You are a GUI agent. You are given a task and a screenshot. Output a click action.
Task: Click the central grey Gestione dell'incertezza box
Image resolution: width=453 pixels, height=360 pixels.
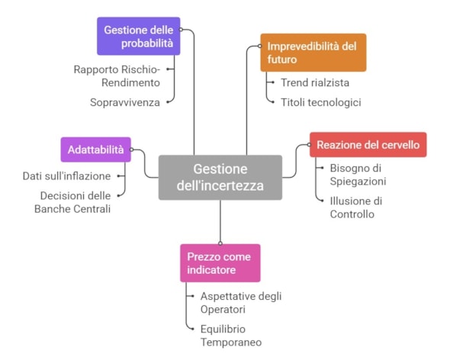(220, 178)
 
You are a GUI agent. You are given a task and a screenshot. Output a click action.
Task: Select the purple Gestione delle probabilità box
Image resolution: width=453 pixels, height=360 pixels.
(138, 36)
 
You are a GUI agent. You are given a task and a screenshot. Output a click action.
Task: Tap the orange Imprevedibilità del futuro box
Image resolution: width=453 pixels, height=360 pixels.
(313, 53)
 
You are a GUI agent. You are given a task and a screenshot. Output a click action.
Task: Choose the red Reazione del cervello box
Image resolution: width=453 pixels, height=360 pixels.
(368, 145)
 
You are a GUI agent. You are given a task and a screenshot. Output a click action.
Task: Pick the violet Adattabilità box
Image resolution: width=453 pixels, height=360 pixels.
(95, 149)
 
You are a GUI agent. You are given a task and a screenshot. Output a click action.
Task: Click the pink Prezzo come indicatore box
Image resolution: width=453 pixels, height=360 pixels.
(220, 263)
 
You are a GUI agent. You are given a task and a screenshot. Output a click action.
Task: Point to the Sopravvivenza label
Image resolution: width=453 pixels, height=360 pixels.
(125, 102)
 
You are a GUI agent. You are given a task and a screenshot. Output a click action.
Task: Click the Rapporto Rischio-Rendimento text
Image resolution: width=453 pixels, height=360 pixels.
(117, 76)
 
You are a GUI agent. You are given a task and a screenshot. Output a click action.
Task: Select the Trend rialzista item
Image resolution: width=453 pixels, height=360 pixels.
(315, 82)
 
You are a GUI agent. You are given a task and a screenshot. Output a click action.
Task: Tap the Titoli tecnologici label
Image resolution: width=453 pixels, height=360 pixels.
(321, 102)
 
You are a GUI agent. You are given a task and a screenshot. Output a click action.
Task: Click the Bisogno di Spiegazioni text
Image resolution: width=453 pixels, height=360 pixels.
(358, 175)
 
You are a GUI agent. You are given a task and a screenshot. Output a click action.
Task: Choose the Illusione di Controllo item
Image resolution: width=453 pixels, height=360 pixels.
(356, 207)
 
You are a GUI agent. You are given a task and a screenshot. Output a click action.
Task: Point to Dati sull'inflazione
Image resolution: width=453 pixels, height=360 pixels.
(67, 176)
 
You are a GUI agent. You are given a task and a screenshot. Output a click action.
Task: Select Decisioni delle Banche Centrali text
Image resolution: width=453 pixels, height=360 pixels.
(72, 202)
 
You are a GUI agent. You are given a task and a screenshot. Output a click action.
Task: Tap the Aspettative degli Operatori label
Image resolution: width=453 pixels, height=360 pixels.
(241, 303)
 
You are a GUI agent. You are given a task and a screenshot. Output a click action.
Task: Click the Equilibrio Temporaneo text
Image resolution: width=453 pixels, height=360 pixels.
(231, 336)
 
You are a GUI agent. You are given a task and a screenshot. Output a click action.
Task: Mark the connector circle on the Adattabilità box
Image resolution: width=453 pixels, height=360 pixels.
(131, 149)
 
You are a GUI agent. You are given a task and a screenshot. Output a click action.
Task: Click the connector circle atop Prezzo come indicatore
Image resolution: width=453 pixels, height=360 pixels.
(220, 243)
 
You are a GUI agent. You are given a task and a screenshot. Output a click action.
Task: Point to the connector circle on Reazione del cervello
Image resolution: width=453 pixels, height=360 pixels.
(309, 145)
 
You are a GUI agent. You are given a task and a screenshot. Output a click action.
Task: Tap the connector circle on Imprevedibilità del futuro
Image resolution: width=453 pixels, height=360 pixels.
(260, 47)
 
